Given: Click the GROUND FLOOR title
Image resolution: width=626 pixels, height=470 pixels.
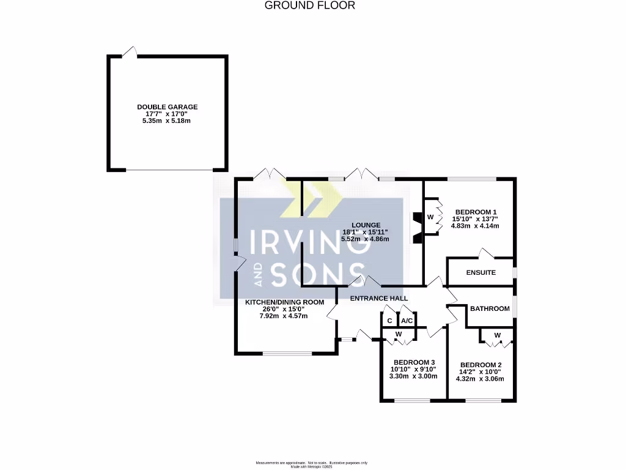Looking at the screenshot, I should [309, 6].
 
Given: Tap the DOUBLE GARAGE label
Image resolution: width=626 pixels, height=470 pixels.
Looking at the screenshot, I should [167, 107].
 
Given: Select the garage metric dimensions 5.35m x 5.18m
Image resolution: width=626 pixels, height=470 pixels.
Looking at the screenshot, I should [167, 121].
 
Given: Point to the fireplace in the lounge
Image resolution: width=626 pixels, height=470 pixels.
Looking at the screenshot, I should [417, 228].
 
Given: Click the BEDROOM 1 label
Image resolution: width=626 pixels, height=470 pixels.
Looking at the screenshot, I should [474, 212].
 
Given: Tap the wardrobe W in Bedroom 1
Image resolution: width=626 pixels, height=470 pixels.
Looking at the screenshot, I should [430, 217].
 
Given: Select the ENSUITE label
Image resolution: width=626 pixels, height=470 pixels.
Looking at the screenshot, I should [481, 272].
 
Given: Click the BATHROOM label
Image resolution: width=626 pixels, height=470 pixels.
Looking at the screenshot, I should [489, 308].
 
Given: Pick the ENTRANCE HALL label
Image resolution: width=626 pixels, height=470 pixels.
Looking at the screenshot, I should [378, 298].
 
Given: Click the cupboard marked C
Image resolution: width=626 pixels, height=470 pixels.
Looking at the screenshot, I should [389, 320].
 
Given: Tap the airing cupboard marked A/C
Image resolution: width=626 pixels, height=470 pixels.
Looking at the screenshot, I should [407, 320].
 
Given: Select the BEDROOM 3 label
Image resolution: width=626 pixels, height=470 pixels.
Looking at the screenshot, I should [414, 362].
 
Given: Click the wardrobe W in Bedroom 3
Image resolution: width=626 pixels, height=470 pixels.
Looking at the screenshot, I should [399, 334].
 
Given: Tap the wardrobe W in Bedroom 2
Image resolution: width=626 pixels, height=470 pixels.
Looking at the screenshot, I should [497, 335].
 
